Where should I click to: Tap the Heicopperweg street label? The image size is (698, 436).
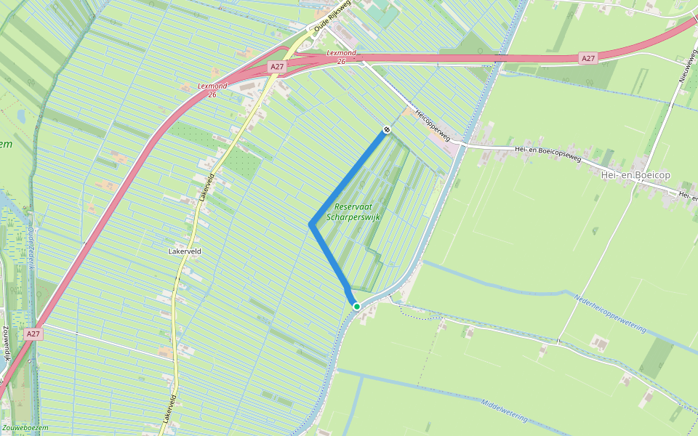pyautogui.click(x=433, y=125)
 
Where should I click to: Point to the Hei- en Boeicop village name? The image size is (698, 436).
pyautogui.click(x=635, y=174)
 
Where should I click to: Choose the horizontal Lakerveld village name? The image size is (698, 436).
pyautogui.click(x=184, y=251)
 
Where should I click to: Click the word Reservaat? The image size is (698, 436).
pyautogui.click(x=353, y=206)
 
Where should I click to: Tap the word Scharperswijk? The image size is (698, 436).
pyautogui.click(x=354, y=217)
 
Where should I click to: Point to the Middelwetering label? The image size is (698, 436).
pyautogui.click(x=503, y=409)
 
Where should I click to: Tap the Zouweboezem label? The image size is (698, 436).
pyautogui.click(x=25, y=428)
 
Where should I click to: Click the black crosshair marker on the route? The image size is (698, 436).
pyautogui.click(x=387, y=130)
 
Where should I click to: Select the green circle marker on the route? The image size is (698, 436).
pyautogui.click(x=357, y=307)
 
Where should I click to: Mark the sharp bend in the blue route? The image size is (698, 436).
pyautogui.click(x=311, y=225)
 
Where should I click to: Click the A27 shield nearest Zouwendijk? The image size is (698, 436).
pyautogui.click(x=32, y=334)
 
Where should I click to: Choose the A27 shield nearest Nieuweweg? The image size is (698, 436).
pyautogui.click(x=588, y=57)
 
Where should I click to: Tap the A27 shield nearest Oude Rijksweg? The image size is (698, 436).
pyautogui.click(x=276, y=67)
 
